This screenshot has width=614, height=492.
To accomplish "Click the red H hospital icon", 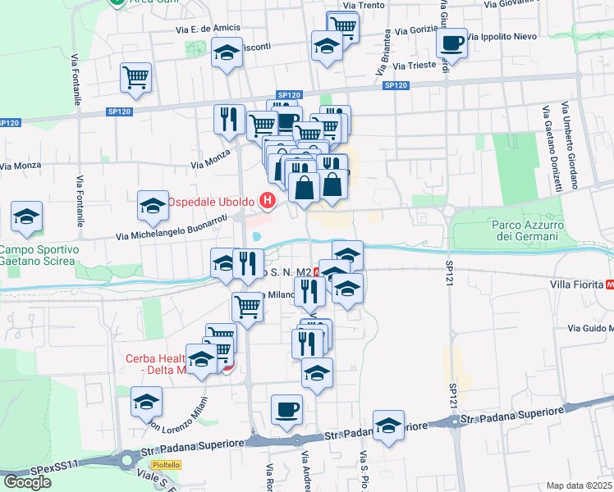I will (x=267, y=200).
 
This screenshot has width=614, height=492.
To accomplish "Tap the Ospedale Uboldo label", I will (x=213, y=201).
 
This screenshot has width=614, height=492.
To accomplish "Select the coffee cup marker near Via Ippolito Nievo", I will (x=451, y=42).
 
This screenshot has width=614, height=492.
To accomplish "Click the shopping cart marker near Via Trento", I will (x=343, y=26).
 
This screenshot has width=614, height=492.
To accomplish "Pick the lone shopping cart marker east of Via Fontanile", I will (x=135, y=77).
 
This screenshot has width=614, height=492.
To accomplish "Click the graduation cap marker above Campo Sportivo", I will (x=27, y=216).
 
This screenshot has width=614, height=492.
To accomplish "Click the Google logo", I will (x=27, y=482).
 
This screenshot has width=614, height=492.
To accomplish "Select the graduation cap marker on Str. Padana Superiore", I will (x=388, y=425).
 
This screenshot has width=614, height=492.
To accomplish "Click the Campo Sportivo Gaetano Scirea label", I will (x=38, y=255).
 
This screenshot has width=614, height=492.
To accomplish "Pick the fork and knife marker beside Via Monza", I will (x=229, y=120).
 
